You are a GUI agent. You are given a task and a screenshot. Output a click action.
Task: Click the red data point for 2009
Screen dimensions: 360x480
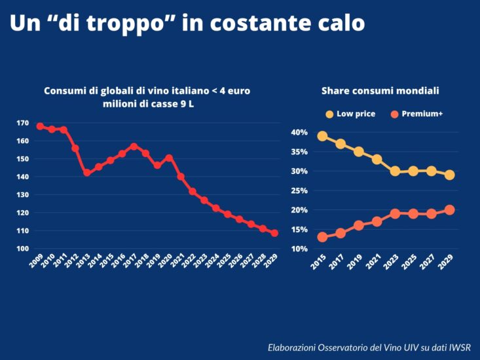(x=40, y=126)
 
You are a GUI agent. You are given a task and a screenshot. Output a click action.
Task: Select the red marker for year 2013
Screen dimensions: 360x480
(x=86, y=173)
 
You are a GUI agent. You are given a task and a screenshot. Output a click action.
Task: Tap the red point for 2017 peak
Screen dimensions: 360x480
(x=134, y=147)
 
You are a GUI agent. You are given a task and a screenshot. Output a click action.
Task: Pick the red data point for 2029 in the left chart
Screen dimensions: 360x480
(x=274, y=233)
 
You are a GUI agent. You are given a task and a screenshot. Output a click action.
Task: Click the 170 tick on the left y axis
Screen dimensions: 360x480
(x=22, y=123)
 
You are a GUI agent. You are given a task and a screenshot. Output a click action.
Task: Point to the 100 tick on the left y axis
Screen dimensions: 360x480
(x=22, y=249)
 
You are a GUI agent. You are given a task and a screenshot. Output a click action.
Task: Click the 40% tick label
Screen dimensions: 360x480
(x=299, y=132)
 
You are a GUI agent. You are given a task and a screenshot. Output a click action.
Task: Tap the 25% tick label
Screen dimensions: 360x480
(x=299, y=190)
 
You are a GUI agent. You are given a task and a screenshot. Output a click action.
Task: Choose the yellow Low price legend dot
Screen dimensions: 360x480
(x=329, y=114)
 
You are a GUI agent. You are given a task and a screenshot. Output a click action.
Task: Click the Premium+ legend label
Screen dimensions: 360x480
(x=422, y=114)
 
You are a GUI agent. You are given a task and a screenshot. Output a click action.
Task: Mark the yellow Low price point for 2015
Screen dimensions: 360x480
(x=322, y=136)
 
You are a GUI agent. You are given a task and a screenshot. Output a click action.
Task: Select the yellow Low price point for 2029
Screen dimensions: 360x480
(x=449, y=175)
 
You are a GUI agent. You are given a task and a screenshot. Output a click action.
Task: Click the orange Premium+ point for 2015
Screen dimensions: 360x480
(x=322, y=237)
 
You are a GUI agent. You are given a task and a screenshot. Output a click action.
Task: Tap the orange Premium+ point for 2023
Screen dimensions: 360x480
(x=395, y=213)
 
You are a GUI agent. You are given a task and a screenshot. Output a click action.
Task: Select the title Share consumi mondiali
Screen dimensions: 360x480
(x=380, y=91)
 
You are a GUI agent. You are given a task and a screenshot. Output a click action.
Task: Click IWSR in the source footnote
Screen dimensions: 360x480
(x=458, y=347)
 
